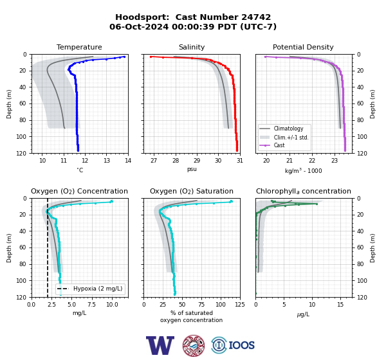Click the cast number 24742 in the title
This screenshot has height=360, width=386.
click(256, 17)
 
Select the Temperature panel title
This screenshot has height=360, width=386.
click(79, 47)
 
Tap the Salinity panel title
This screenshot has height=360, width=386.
click(192, 47)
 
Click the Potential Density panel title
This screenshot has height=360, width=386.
click(303, 47)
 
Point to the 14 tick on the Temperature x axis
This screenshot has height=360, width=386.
click(128, 161)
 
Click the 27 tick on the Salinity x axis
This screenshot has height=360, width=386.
click(154, 161)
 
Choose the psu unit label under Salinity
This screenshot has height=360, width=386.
click(192, 169)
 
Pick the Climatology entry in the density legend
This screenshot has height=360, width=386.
click(288, 129)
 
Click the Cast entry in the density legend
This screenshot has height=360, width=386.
click(279, 145)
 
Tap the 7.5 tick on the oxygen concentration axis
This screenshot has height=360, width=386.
click(91, 305)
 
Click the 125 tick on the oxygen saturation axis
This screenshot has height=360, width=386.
click(240, 305)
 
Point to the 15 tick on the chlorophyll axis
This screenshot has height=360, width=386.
click(340, 305)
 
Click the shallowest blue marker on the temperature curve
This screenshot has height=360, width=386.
click(124, 57)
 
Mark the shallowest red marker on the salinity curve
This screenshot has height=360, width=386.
click(151, 57)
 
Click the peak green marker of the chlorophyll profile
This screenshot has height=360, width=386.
click(317, 204)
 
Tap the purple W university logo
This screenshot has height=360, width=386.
click(160, 345)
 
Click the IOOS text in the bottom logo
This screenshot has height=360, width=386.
click(241, 345)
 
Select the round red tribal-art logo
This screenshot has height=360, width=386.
click(194, 345)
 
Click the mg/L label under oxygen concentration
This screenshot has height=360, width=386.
click(79, 313)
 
